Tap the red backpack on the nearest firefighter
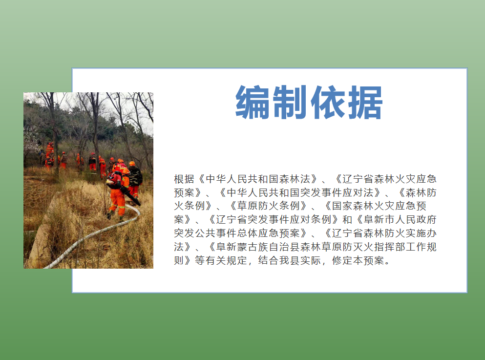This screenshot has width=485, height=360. (115, 180)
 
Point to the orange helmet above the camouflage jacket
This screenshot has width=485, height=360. (132, 164)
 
